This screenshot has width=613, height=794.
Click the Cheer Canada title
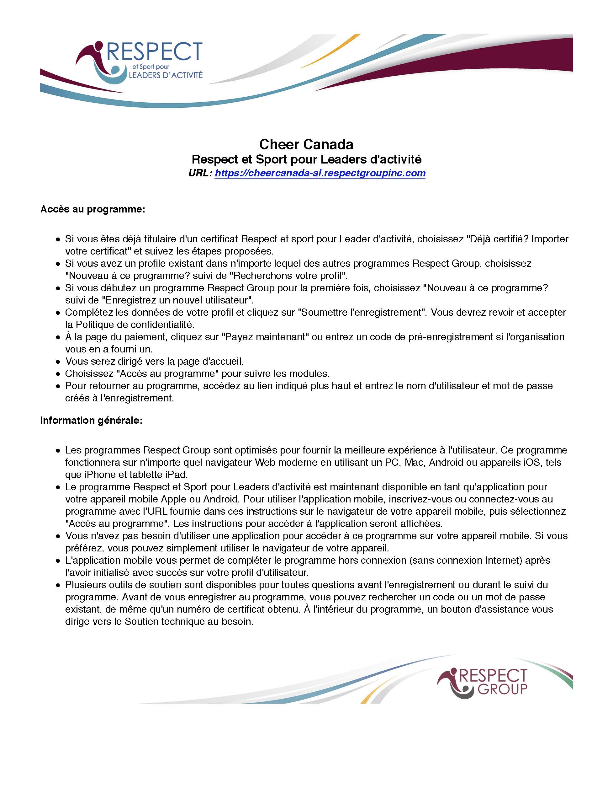click(x=306, y=144)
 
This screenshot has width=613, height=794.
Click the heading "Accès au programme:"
click(x=92, y=209)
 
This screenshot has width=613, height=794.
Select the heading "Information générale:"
click(x=91, y=420)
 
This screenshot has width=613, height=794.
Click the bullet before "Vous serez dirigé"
click(x=58, y=362)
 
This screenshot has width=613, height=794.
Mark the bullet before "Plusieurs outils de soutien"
click(x=58, y=585)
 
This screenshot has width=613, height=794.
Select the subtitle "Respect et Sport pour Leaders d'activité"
click(x=306, y=159)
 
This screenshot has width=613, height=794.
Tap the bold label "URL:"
click(x=200, y=173)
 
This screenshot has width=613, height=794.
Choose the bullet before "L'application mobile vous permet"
click(x=58, y=561)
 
